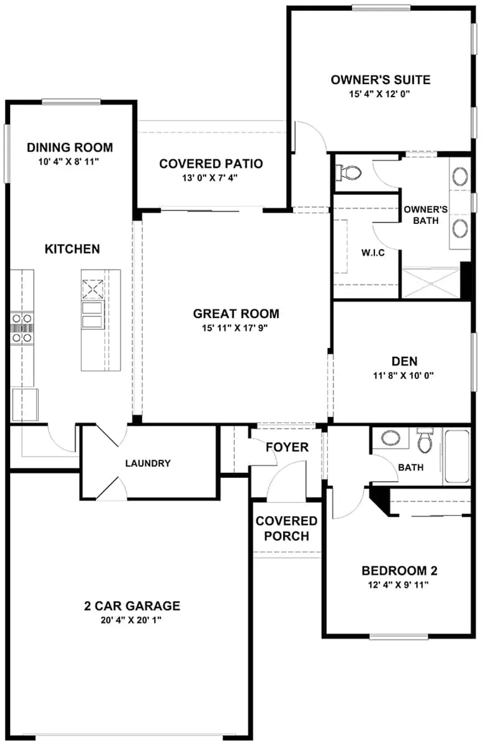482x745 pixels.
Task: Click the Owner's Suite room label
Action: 381,80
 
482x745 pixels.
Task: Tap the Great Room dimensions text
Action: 236,328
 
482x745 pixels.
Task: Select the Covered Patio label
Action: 211,164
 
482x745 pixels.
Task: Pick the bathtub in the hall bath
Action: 457,457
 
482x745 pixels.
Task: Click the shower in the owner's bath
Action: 430,283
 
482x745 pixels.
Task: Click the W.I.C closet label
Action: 373,252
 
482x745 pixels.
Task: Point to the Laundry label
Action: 148,463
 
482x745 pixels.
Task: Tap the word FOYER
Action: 287,447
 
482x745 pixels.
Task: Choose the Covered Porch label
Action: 286,528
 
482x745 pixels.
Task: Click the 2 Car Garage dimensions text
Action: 132,620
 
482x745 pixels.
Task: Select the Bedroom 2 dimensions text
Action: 400,585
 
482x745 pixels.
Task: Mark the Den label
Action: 404,361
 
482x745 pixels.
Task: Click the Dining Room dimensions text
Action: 70,160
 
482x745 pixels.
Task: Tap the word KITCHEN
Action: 72,249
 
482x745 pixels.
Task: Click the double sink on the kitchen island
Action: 92,314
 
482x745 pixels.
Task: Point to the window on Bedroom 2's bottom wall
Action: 398,636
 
